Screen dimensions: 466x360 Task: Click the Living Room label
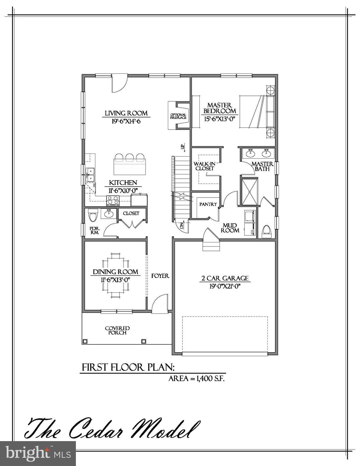coord(126,113)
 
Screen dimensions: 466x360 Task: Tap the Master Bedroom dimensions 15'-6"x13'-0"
coord(220,119)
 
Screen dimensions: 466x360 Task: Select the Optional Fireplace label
coord(178,116)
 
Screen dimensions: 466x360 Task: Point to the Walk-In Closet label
coord(205,166)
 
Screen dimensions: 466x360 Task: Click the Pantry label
coord(208,204)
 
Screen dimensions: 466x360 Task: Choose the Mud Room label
coord(230,228)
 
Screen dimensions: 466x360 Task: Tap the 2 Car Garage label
coord(225,278)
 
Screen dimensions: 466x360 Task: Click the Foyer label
coord(160,276)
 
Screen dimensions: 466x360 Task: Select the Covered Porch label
coord(117,330)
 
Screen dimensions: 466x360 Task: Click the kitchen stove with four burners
coord(113,201)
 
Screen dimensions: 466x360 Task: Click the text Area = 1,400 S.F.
coord(196,379)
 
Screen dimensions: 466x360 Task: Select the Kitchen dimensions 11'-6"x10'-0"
coord(123,191)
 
